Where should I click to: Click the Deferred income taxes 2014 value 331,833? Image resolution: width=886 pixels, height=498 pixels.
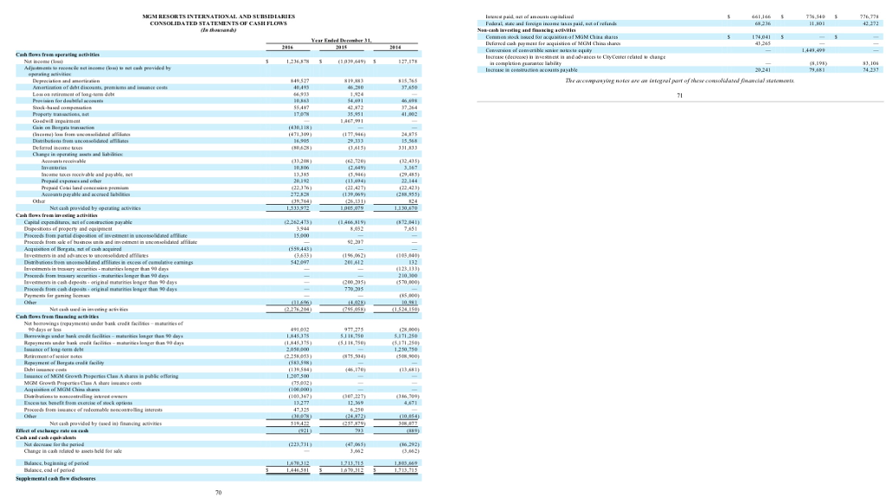coord(407,148)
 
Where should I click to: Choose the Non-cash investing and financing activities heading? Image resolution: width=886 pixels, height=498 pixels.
coord(528,31)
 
